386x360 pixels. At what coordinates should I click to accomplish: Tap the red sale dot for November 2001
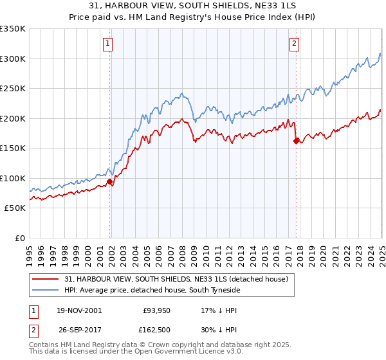pyautogui.click(x=110, y=182)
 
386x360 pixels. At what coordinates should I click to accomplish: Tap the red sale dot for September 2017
pyautogui.click(x=297, y=141)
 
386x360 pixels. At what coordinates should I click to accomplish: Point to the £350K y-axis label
pyautogui.click(x=13, y=29)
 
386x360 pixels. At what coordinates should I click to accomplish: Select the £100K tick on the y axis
pyautogui.click(x=13, y=178)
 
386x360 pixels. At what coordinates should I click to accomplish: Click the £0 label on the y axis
pyautogui.click(x=19, y=238)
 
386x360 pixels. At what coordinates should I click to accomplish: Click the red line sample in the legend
pyautogui.click(x=45, y=279)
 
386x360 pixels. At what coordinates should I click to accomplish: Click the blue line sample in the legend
pyautogui.click(x=45, y=291)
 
